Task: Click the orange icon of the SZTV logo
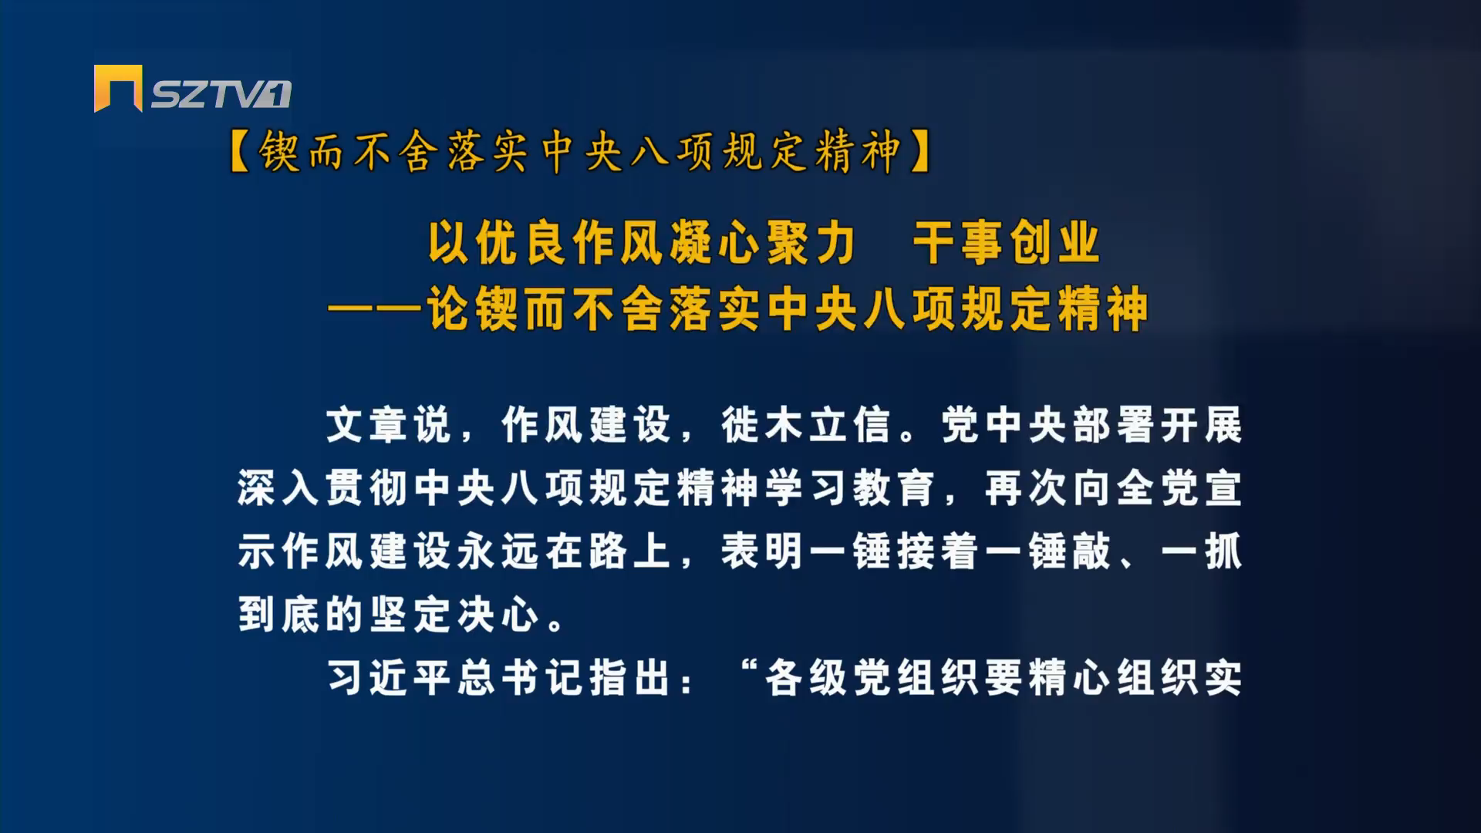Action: pyautogui.click(x=118, y=88)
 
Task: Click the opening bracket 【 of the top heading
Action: pyautogui.click(x=242, y=151)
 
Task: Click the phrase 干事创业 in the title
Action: pyautogui.click(x=1006, y=244)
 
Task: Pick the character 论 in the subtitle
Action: pyautogui.click(x=450, y=310)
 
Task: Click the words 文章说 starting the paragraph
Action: pyautogui.click(x=389, y=425)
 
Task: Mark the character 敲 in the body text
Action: pyautogui.click(x=1089, y=552)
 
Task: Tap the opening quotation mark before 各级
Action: pyautogui.click(x=746, y=666)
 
